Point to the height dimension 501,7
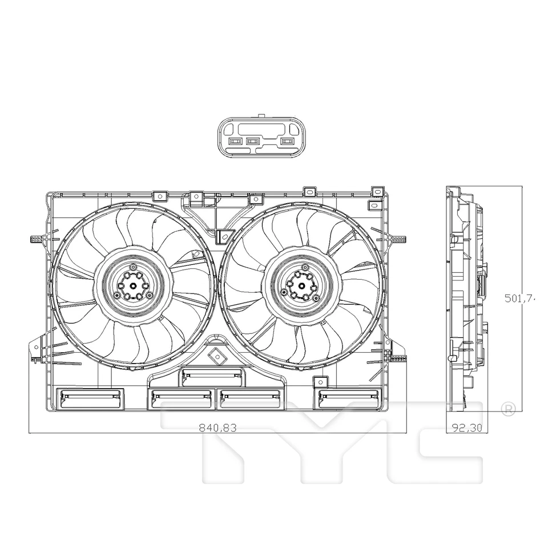(x=519, y=297)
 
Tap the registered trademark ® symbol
(x=507, y=409)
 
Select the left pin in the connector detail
(x=235, y=141)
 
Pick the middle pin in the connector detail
(x=252, y=141)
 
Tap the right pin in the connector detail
(x=286, y=141)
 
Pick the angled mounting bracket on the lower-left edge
(x=37, y=348)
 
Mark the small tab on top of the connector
(x=261, y=116)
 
